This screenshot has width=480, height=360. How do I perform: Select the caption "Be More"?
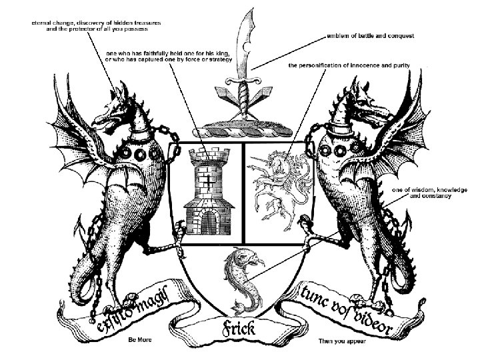pyautogui.click(x=141, y=340)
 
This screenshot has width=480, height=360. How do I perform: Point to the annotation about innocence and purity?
pyautogui.click(x=348, y=65)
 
